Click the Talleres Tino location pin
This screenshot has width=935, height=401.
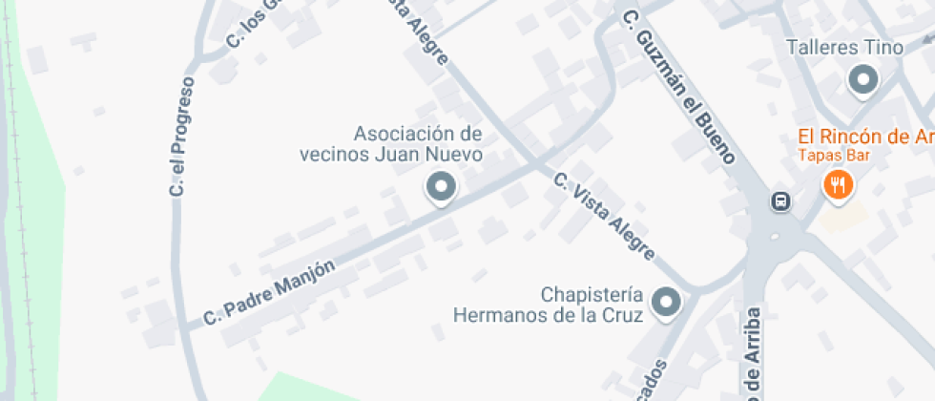pyautogui.click(x=863, y=80)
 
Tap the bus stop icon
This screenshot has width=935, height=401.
pyautogui.click(x=780, y=200)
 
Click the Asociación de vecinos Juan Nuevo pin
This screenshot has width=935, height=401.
pyautogui.click(x=441, y=187)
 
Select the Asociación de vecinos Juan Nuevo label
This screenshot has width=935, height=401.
pyautogui.click(x=418, y=143)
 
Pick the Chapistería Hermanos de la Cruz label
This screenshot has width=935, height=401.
pyautogui.click(x=548, y=304)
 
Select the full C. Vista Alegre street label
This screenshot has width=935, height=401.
pyautogui.click(x=604, y=216)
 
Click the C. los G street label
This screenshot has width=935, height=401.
pyautogui.click(x=250, y=24)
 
